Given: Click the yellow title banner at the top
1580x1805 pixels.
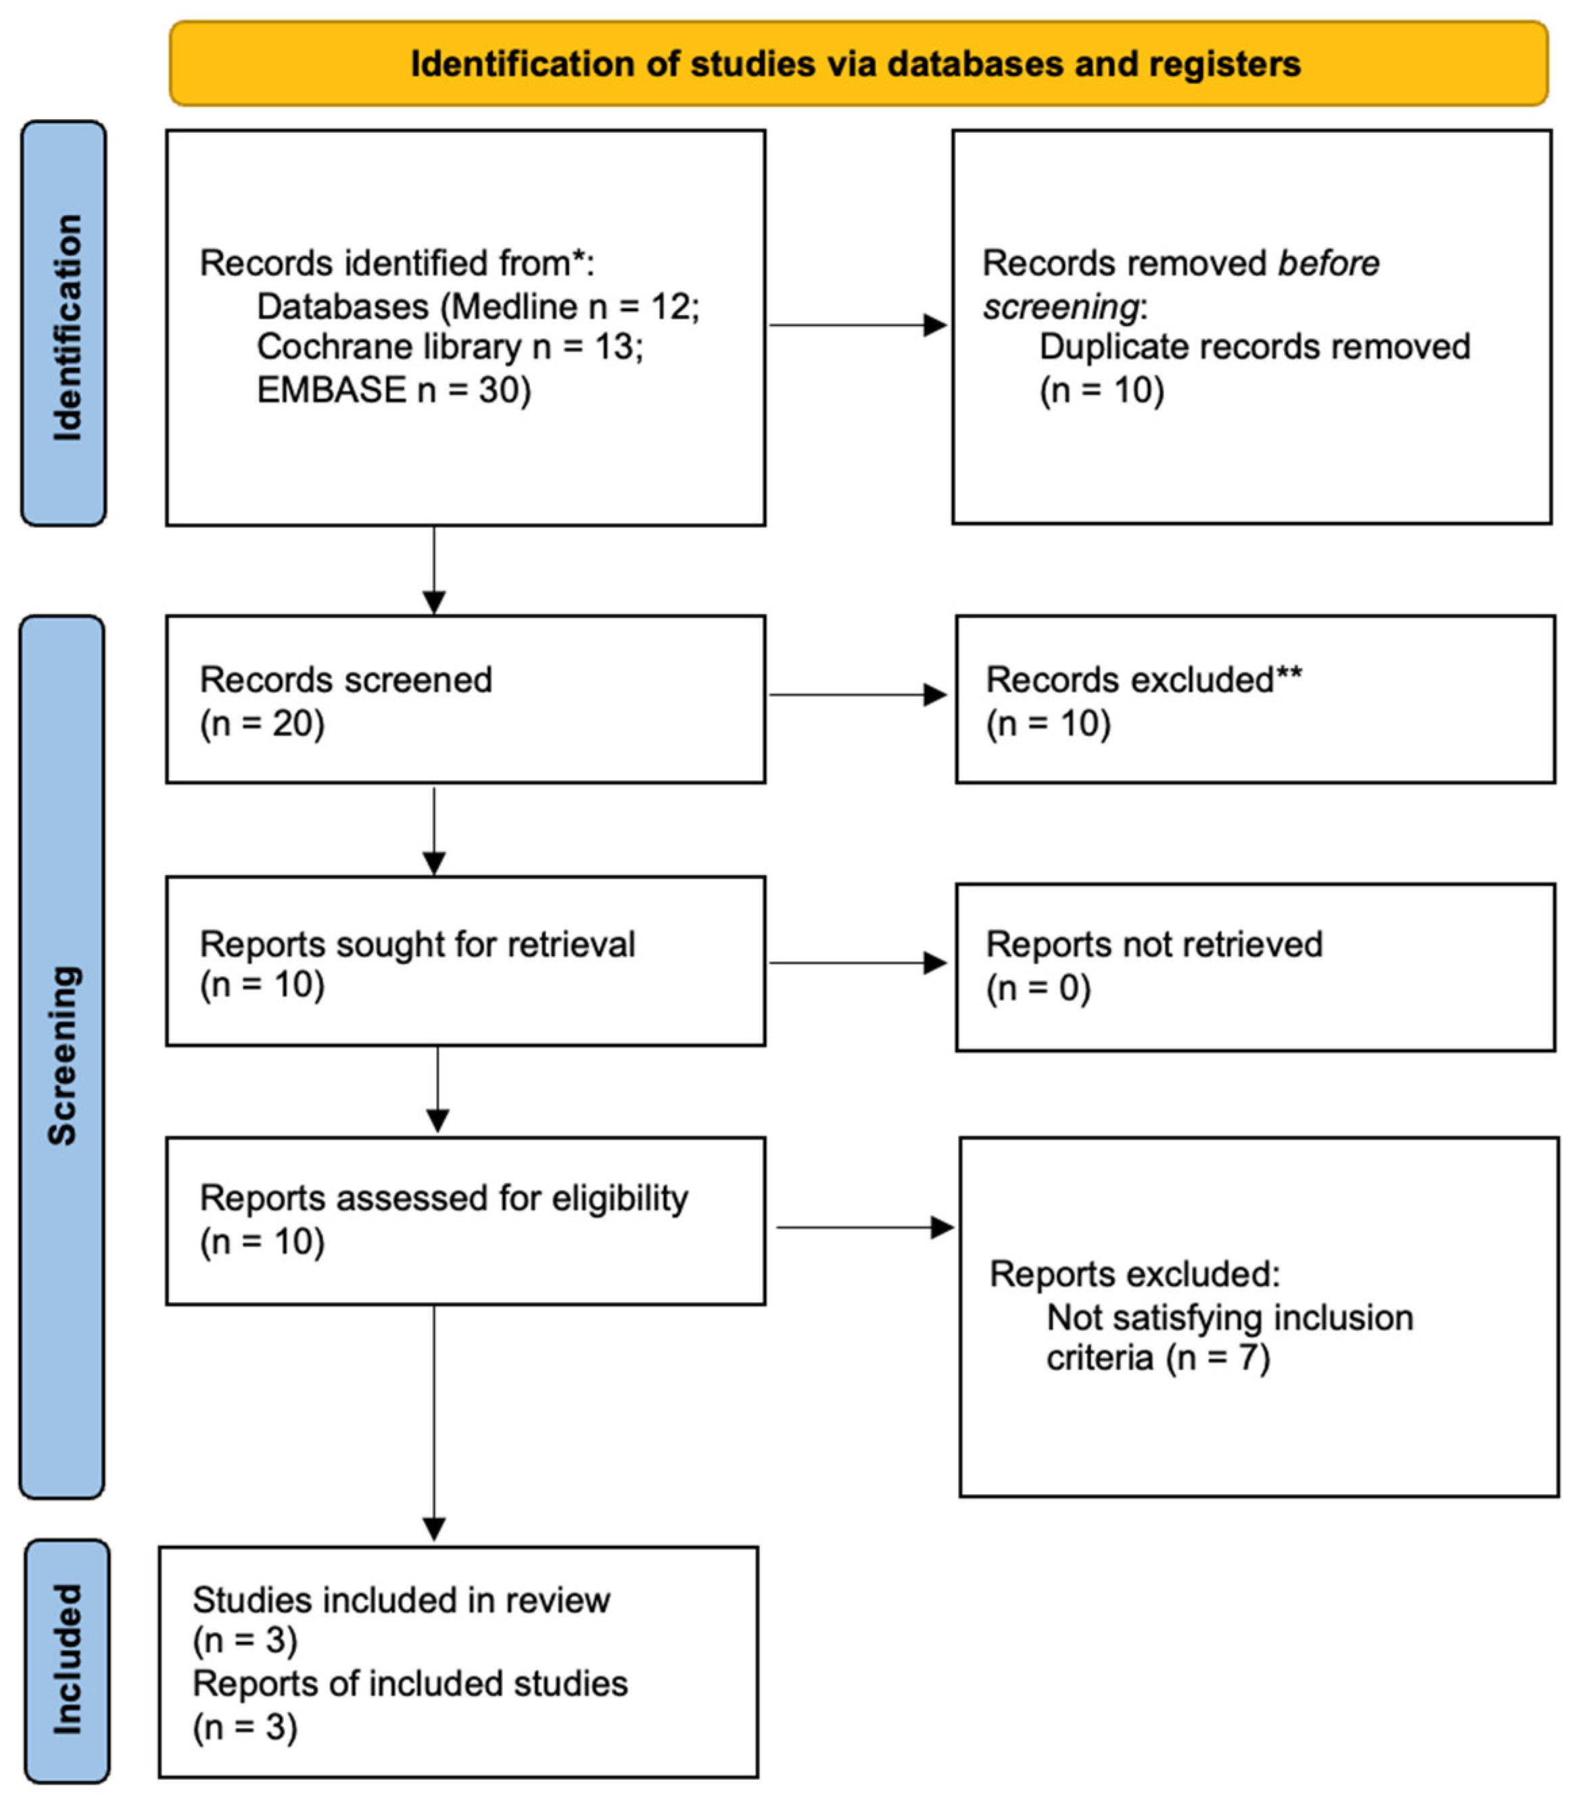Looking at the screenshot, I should [x=857, y=64].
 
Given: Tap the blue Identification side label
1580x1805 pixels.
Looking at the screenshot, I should [x=64, y=324].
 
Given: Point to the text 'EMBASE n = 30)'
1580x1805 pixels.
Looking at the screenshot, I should [x=393, y=389].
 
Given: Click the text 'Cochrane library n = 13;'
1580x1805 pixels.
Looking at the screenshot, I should [x=450, y=347].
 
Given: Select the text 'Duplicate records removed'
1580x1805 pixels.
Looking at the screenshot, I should [x=1253, y=347].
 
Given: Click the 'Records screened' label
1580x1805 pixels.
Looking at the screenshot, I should [x=345, y=680].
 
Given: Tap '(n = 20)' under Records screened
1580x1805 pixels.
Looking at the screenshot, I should [x=262, y=723].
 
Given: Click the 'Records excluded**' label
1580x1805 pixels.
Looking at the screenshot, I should [x=1143, y=680].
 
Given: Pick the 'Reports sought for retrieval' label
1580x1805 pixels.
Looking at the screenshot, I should [x=417, y=944].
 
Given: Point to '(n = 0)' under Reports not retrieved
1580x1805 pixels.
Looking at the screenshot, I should [x=1038, y=988].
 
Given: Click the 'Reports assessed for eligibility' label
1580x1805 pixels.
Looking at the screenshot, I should [x=444, y=1199].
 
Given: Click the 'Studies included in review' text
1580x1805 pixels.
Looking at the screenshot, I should [x=401, y=1599].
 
